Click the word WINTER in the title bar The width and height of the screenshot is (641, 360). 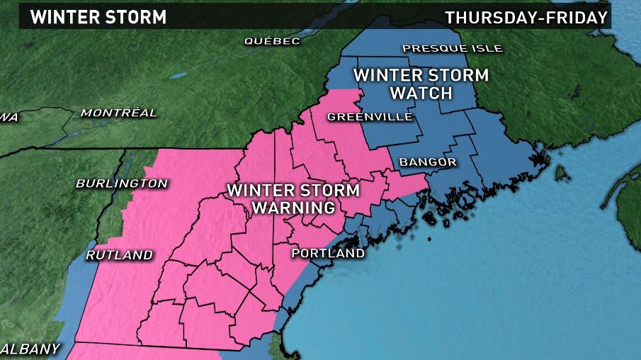pyautogui.click(x=60, y=16)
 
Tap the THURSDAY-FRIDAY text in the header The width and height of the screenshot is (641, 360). pyautogui.click(x=526, y=17)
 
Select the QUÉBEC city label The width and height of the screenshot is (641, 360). pyautogui.click(x=272, y=41)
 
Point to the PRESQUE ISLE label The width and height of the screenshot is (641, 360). pyautogui.click(x=452, y=48)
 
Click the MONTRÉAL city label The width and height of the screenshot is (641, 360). pyautogui.click(x=118, y=113)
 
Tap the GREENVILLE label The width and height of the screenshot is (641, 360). pyautogui.click(x=369, y=117)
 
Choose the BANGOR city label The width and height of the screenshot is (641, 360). pyautogui.click(x=427, y=162)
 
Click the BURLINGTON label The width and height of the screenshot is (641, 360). pyautogui.click(x=121, y=184)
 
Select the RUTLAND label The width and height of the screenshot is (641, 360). pyautogui.click(x=119, y=255)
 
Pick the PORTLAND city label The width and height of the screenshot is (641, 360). pyautogui.click(x=328, y=253)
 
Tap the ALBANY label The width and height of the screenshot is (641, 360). pyautogui.click(x=30, y=349)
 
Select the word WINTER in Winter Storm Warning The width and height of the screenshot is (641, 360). pyautogui.click(x=261, y=191)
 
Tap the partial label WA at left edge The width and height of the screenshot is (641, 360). pyautogui.click(x=8, y=117)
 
